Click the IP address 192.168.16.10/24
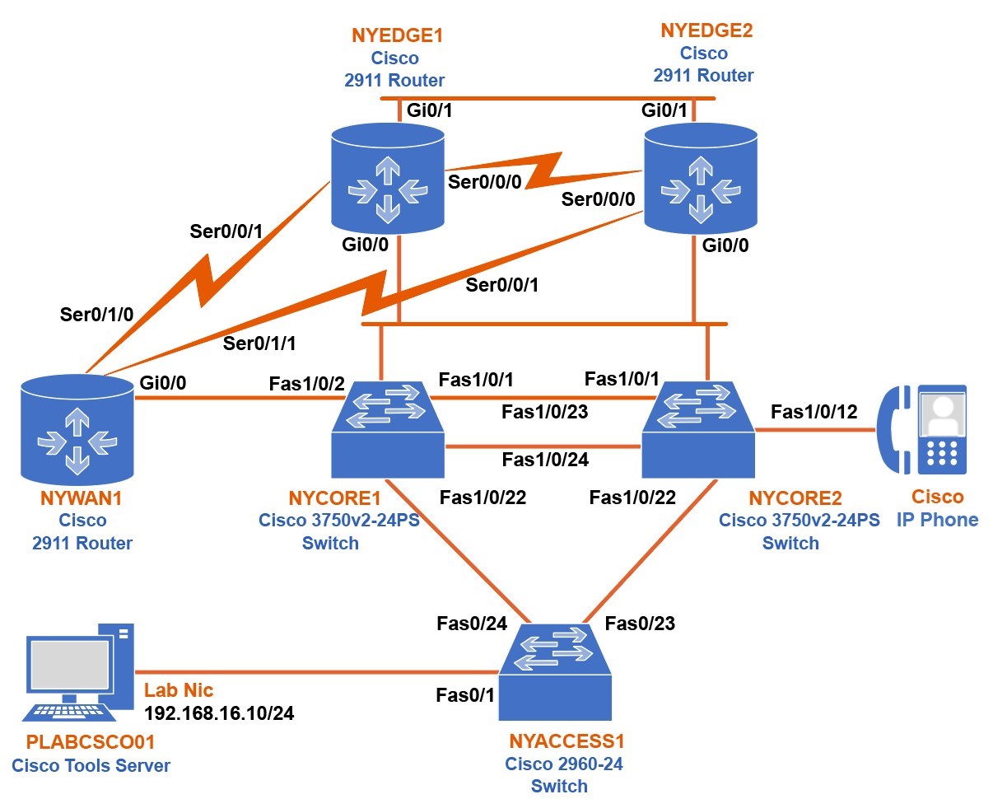pyautogui.click(x=219, y=713)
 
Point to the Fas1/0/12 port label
pyautogui.click(x=814, y=412)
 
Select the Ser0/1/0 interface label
pyautogui.click(x=96, y=313)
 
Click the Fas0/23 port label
pyautogui.click(x=640, y=624)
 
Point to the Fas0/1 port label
pyautogui.click(x=465, y=695)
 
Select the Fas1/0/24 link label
pyautogui.click(x=545, y=460)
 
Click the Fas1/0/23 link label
pyautogui.click(x=545, y=410)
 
